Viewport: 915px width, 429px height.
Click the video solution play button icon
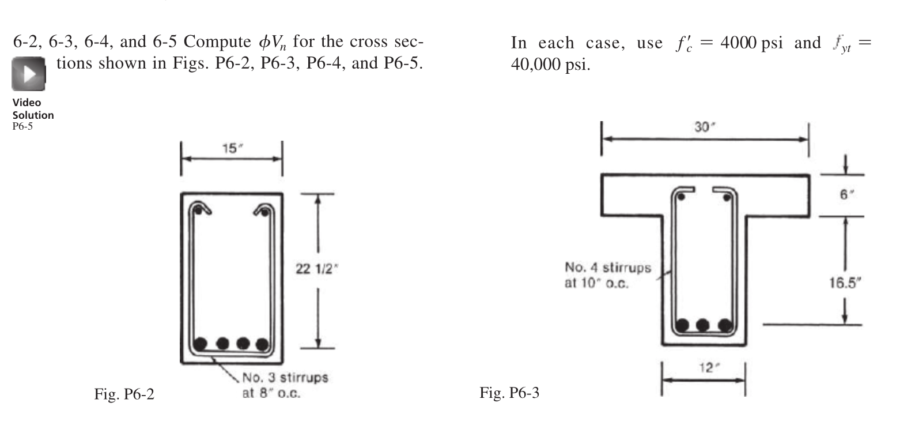click(x=28, y=74)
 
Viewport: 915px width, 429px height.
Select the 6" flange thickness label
click(x=844, y=195)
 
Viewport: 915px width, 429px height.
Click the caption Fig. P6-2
click(x=124, y=394)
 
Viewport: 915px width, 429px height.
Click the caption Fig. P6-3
click(x=509, y=393)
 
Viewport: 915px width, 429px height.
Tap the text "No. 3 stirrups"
click(x=285, y=378)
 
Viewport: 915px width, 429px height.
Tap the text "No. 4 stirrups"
click(x=608, y=268)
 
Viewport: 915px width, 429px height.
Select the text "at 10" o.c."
click(x=596, y=284)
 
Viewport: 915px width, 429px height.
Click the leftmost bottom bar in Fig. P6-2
click(x=201, y=344)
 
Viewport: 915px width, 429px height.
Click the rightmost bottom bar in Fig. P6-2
click(x=262, y=345)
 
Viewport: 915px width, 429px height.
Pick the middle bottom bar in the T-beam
click(x=702, y=325)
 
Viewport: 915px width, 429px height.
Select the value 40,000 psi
click(x=550, y=64)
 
